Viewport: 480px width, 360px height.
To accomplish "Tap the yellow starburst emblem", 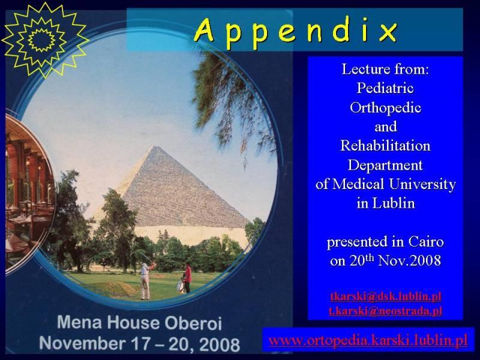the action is pyautogui.click(x=44, y=40).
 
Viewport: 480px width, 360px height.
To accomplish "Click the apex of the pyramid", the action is pyautogui.click(x=156, y=146).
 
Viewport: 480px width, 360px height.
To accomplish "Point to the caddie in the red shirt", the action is pyautogui.click(x=187, y=278).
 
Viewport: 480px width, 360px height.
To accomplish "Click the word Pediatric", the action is pyautogui.click(x=385, y=89).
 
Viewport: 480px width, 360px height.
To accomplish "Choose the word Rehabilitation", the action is pyautogui.click(x=385, y=146).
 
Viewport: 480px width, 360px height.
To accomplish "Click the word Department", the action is pyautogui.click(x=385, y=166).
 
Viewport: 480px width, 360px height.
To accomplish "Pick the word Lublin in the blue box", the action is pyautogui.click(x=394, y=203).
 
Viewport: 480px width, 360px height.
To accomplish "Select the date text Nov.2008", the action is pyautogui.click(x=410, y=261).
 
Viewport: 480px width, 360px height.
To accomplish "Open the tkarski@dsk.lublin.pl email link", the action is pyautogui.click(x=386, y=296).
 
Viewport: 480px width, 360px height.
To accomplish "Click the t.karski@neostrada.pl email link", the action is pyautogui.click(x=386, y=311).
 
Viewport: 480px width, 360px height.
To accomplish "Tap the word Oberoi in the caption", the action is pyautogui.click(x=193, y=323).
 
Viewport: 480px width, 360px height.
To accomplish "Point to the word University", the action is pyautogui.click(x=422, y=185).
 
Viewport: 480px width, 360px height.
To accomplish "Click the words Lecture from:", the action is pyautogui.click(x=385, y=69).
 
